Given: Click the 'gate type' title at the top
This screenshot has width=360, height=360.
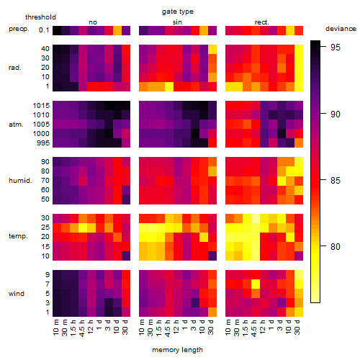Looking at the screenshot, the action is [178, 12].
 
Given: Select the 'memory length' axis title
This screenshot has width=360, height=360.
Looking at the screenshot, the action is [177, 350].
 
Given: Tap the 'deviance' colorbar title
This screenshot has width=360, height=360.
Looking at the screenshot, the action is [341, 29].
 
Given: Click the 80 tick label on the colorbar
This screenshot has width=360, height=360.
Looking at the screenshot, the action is [336, 246].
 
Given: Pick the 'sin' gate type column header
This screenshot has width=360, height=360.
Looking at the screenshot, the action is [177, 22].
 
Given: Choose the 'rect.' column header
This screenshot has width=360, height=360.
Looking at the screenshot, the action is [262, 22].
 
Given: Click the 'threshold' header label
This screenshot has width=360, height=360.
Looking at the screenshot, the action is [40, 17].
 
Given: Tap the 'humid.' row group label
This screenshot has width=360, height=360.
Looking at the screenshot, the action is [20, 181].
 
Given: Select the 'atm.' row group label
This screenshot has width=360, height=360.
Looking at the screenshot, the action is [16, 125].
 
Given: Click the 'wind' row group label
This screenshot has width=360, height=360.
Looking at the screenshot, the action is [17, 294].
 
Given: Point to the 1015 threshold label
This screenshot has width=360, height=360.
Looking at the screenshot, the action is [41, 106].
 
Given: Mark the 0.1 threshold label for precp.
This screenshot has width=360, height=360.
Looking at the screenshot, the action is [44, 30].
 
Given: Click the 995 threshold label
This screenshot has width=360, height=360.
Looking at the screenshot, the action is [43, 143].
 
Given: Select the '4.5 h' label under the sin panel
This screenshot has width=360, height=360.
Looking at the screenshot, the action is [168, 328].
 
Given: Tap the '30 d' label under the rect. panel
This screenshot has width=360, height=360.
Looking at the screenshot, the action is [297, 328].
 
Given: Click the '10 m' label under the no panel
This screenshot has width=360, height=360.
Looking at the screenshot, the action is [55, 328].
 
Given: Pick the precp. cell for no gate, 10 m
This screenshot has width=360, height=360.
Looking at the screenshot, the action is [57, 30].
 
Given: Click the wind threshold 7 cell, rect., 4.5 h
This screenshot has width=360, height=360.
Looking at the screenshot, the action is [256, 284].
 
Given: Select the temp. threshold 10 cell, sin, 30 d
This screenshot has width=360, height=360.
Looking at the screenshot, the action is [212, 256].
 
